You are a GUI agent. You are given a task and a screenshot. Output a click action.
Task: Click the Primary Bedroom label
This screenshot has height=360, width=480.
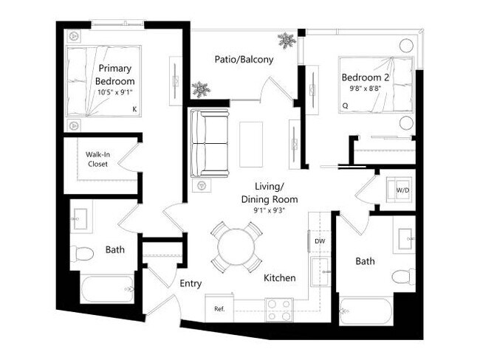tap(116, 75)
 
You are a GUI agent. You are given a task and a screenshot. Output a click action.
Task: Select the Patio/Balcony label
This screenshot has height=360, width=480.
tap(244, 59)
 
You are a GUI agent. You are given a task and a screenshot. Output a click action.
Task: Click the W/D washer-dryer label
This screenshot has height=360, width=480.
tap(402, 190)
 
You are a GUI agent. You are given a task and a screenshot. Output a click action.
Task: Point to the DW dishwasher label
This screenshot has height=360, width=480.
tap(320, 241)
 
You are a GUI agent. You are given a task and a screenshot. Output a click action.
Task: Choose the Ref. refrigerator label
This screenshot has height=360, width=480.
tap(219, 308)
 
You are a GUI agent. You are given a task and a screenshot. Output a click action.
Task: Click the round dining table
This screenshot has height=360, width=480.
tap(236, 247)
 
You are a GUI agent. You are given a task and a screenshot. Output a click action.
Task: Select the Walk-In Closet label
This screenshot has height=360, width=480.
tap(97, 159)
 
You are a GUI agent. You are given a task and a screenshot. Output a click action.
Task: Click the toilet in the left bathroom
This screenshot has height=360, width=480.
tap(83, 255)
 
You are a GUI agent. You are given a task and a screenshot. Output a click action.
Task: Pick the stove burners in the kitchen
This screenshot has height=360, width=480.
tap(279, 309)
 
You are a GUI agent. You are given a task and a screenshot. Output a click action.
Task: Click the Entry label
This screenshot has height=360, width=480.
tap(191, 283)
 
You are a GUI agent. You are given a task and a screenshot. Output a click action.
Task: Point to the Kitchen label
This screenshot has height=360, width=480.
tap(280, 278)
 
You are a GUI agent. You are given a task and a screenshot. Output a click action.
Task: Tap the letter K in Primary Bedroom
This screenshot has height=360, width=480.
tap(134, 109)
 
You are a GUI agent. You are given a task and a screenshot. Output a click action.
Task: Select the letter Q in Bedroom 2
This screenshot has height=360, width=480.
tap(345, 105)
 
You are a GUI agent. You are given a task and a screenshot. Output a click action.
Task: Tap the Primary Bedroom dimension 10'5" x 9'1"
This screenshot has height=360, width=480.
tap(116, 92)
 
